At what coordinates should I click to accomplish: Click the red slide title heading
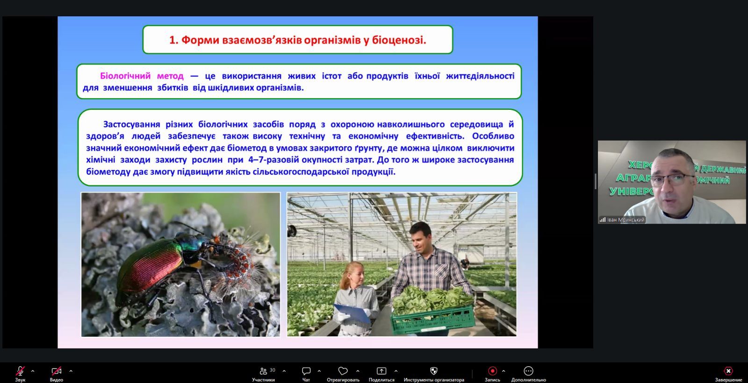(x=297, y=40)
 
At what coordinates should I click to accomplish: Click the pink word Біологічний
(x=125, y=76)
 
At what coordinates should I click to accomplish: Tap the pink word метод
(x=170, y=76)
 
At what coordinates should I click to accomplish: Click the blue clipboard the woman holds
(x=352, y=313)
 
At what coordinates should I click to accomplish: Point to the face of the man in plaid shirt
(x=421, y=240)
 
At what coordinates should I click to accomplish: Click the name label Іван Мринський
(x=626, y=220)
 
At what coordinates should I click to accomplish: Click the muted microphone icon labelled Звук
(x=20, y=371)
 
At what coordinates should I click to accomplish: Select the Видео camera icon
(x=56, y=371)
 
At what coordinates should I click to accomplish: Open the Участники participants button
(x=263, y=371)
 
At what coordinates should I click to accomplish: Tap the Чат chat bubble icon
(x=306, y=371)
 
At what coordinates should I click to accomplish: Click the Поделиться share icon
(x=381, y=371)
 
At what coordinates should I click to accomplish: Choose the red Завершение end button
(x=728, y=371)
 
